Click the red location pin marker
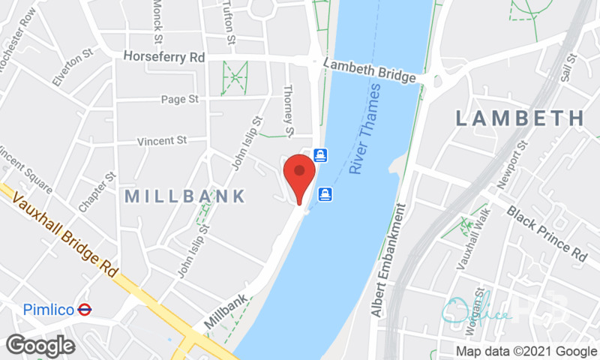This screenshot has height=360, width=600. [x=300, y=173]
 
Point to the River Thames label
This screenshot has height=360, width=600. [x=366, y=129]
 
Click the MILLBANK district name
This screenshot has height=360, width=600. [x=184, y=196]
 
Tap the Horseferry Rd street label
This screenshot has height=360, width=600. [x=163, y=56]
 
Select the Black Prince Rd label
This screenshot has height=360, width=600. [x=547, y=233]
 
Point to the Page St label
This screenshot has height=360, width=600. [x=181, y=99]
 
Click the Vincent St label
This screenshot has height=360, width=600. [x=160, y=140]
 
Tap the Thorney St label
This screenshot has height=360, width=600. [x=288, y=111]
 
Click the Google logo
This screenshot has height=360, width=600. [x=40, y=345]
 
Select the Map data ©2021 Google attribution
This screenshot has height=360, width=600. [x=526, y=350]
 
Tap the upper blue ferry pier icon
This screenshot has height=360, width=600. [x=320, y=155]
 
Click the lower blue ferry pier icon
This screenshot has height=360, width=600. [x=325, y=194]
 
